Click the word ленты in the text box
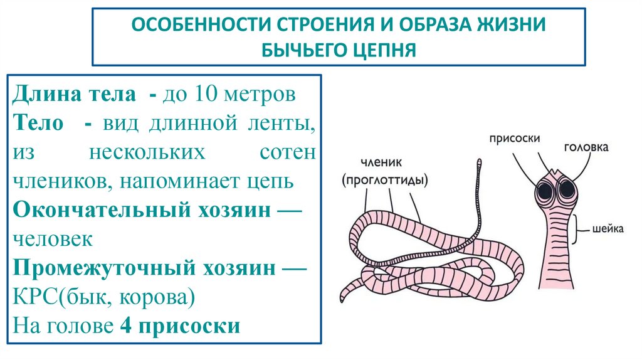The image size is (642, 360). pos(282,124)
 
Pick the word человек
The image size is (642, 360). pos(53,240)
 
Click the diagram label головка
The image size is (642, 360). pos(586,148)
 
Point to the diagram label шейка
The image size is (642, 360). pos(608,229)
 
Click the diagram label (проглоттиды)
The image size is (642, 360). pos(385,181)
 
